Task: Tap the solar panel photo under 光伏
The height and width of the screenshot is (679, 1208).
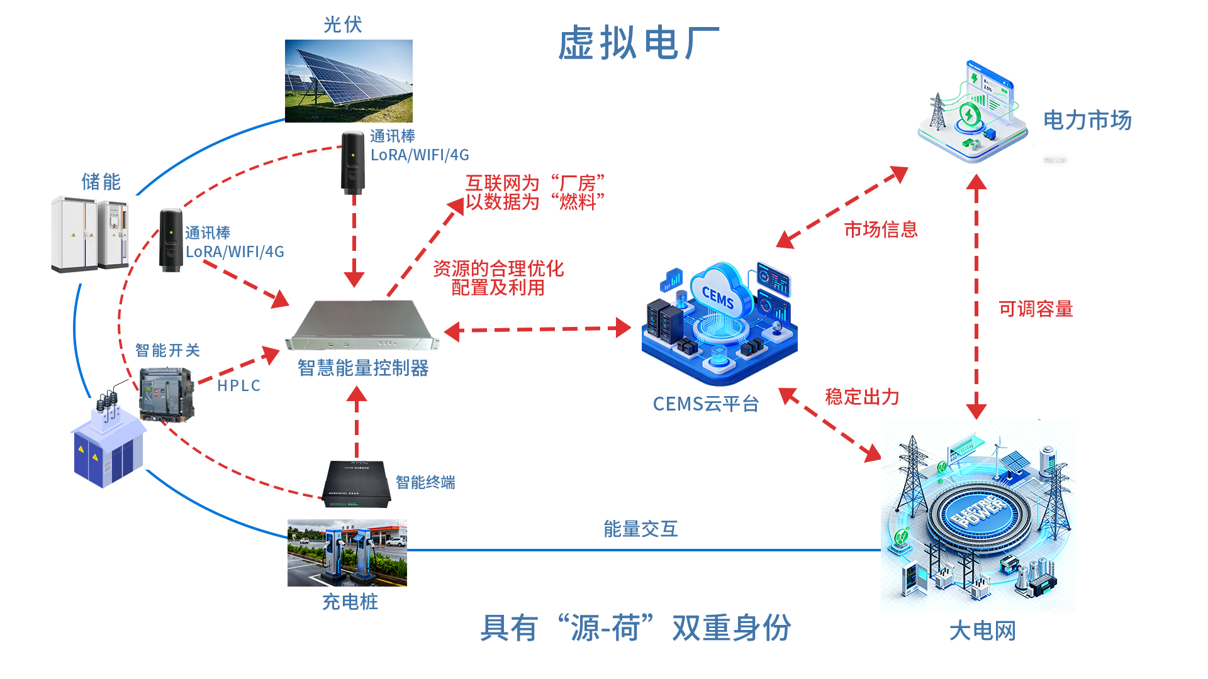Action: [349, 81]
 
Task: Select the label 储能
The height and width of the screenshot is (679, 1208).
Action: [101, 182]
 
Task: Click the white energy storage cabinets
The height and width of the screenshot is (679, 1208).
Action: [90, 234]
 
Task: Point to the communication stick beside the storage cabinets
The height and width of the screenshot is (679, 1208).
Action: [171, 240]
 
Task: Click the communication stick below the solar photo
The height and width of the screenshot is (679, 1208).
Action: [353, 162]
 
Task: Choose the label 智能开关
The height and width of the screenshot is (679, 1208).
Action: [167, 350]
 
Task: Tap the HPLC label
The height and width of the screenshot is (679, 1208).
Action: [238, 385]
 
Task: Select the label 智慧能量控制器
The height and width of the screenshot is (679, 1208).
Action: [363, 368]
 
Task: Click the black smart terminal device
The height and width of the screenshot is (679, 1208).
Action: [356, 484]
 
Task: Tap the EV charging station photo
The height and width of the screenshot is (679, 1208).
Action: [347, 553]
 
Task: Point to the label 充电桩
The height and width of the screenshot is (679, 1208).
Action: [350, 602]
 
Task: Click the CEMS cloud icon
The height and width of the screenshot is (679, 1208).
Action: [719, 295]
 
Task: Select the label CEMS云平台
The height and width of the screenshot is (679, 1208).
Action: [705, 404]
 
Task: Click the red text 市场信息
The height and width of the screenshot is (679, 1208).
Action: [880, 229]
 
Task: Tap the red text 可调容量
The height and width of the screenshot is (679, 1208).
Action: [1036, 309]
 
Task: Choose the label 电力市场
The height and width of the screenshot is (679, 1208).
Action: [1087, 120]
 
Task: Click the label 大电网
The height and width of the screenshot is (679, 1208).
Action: [982, 631]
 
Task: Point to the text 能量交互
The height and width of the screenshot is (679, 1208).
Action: [640, 529]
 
